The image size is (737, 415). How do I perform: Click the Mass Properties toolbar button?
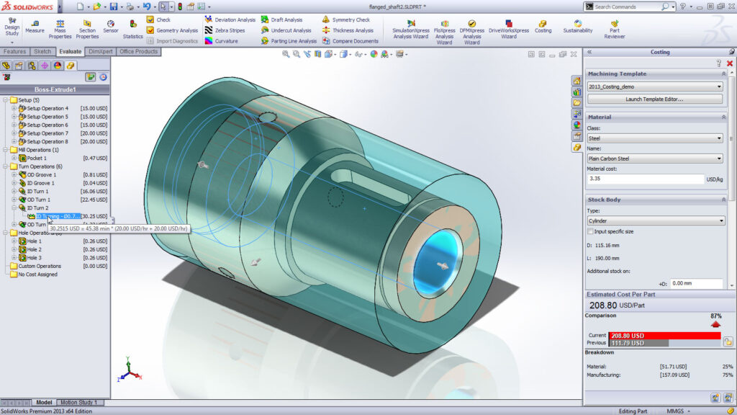pyautogui.click(x=60, y=29)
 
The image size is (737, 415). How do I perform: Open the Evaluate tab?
pyautogui.click(x=71, y=52)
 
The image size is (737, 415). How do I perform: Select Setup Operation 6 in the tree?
pyautogui.click(x=48, y=125)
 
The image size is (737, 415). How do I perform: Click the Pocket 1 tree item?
pyautogui.click(x=37, y=158)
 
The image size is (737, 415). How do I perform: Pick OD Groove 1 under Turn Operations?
pyautogui.click(x=41, y=174)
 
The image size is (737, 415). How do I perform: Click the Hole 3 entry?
pyautogui.click(x=34, y=257)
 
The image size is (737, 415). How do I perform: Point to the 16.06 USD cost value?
pyautogui.click(x=94, y=192)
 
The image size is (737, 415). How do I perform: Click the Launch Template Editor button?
pyautogui.click(x=654, y=99)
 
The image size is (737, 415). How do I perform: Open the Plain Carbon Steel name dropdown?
pyautogui.click(x=654, y=159)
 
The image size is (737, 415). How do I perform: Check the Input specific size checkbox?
pyautogui.click(x=591, y=231)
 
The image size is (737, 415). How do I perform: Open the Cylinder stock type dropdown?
pyautogui.click(x=654, y=220)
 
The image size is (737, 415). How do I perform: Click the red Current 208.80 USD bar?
pyautogui.click(x=662, y=335)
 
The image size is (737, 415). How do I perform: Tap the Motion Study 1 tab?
pyautogui.click(x=78, y=402)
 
